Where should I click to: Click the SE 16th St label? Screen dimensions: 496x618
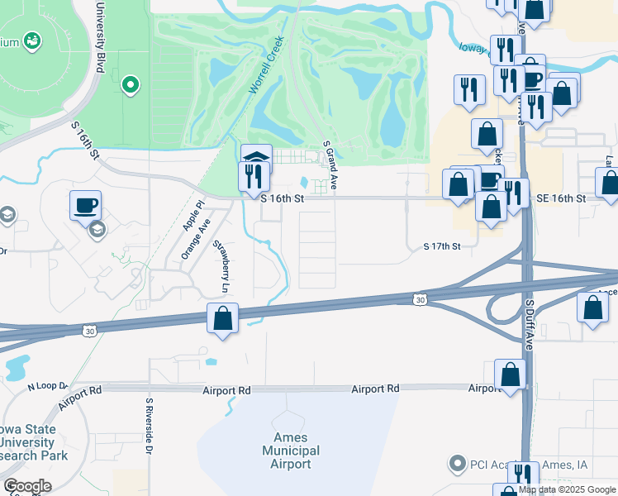pyautogui.click(x=560, y=199)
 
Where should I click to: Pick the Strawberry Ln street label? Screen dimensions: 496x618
pyautogui.click(x=221, y=267)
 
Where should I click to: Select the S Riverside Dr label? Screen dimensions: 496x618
pyautogui.click(x=150, y=427)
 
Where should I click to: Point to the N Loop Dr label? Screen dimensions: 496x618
pyautogui.click(x=48, y=385)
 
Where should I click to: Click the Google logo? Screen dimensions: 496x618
pyautogui.click(x=27, y=486)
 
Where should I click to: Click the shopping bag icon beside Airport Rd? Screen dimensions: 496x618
pyautogui.click(x=511, y=374)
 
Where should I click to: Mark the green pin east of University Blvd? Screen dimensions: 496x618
pyautogui.click(x=130, y=84)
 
